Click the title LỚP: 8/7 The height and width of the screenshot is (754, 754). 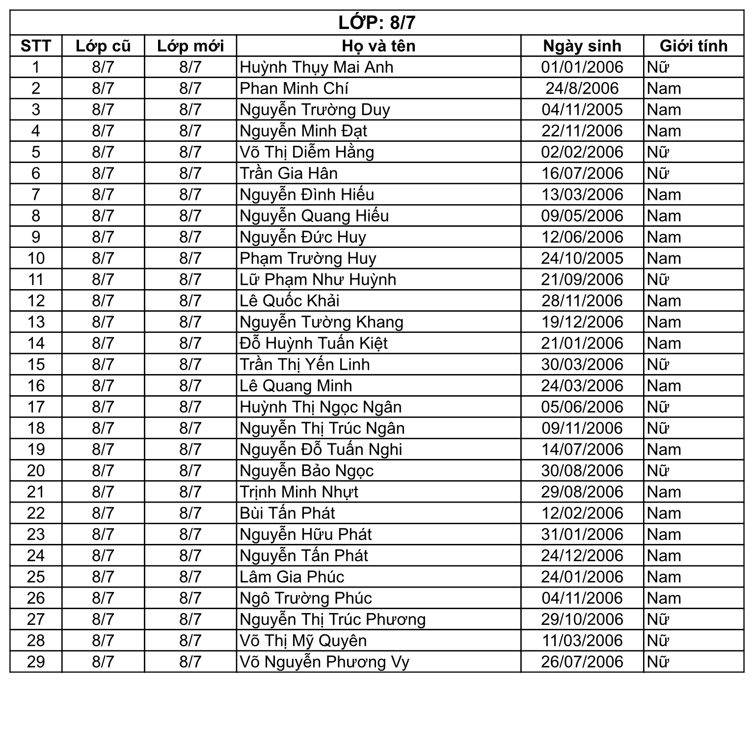click(x=377, y=23)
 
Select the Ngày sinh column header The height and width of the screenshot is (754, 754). click(x=582, y=46)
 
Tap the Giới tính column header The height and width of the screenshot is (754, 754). click(x=693, y=46)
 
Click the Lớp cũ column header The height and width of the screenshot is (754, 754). click(x=103, y=46)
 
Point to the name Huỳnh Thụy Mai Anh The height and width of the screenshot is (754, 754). click(x=317, y=67)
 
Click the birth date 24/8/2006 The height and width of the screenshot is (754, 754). click(x=582, y=88)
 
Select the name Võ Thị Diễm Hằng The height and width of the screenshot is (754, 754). click(x=307, y=152)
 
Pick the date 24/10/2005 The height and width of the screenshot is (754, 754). click(x=582, y=258)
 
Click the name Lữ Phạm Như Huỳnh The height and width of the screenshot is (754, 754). click(x=318, y=279)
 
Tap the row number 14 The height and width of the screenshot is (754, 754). click(x=36, y=343)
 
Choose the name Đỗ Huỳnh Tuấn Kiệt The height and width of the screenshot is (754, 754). click(x=314, y=343)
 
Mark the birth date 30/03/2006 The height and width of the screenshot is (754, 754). click(x=582, y=364)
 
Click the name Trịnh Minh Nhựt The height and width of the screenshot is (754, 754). click(x=299, y=492)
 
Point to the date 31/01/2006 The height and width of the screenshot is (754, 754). click(x=582, y=534)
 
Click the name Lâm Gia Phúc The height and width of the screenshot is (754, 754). click(x=292, y=577)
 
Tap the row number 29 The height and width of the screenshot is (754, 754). click(x=36, y=662)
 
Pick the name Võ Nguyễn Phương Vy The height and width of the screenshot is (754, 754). click(x=324, y=662)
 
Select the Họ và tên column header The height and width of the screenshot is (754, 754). click(x=378, y=46)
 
